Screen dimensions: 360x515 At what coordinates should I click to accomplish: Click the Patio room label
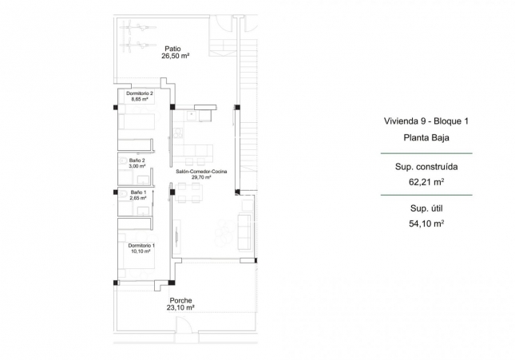coord(175,47)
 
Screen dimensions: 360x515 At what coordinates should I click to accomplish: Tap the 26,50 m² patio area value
coord(175,56)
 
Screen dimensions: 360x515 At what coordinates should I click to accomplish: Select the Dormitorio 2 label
coord(140,93)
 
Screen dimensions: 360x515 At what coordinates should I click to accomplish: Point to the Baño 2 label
coord(138,160)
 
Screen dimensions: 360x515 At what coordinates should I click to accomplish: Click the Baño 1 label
coord(138,192)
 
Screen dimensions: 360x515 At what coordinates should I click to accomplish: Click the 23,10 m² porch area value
coord(180,307)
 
